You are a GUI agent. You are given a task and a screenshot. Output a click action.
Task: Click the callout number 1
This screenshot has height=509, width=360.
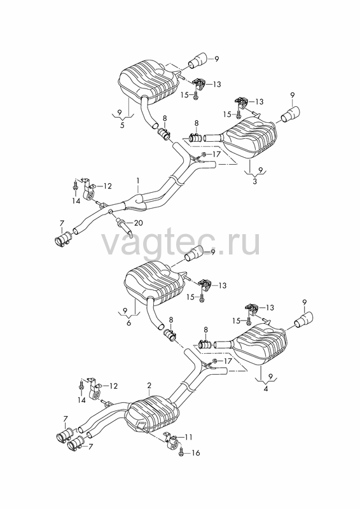138,180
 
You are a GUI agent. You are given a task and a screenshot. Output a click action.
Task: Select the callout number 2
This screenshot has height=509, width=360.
149,386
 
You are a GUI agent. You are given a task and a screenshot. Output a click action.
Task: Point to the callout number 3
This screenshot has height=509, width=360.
254,182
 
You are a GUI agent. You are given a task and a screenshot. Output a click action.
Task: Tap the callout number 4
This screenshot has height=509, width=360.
266,388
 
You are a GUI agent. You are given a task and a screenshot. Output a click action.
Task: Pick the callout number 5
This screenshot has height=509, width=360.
122,125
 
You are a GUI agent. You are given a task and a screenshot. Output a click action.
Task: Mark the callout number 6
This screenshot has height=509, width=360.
129,324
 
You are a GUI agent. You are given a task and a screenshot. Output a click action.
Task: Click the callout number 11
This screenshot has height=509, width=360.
189,437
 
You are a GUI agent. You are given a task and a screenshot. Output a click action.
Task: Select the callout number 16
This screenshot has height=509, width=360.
196,453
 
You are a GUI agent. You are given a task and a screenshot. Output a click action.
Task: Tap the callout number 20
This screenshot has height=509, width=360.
139,223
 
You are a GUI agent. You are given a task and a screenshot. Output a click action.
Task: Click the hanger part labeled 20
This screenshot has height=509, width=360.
123,226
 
